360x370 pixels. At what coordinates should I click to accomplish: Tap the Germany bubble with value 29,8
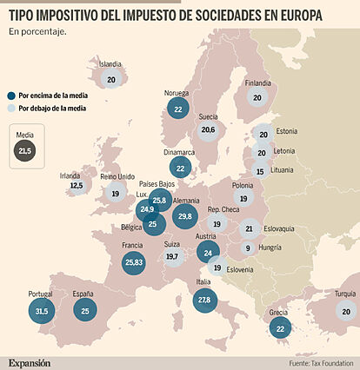click(183, 215)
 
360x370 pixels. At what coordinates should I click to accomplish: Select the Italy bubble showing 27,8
click(204, 300)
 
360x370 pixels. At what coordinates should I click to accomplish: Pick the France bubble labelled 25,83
click(133, 261)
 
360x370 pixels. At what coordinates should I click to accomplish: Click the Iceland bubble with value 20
click(110, 79)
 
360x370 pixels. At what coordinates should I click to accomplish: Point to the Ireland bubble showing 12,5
click(76, 185)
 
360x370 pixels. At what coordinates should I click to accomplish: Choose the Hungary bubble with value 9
click(248, 248)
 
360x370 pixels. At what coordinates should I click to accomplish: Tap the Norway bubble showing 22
click(178, 109)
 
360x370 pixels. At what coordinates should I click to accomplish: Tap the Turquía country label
click(345, 294)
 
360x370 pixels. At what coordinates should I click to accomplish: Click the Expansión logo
click(30, 361)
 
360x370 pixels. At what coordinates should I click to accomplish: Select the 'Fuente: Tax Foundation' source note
click(321, 362)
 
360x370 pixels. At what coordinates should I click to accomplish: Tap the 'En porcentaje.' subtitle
click(37, 32)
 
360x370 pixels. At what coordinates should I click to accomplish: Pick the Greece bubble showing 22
click(280, 328)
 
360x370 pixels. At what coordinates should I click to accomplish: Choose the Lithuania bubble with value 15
click(259, 172)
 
